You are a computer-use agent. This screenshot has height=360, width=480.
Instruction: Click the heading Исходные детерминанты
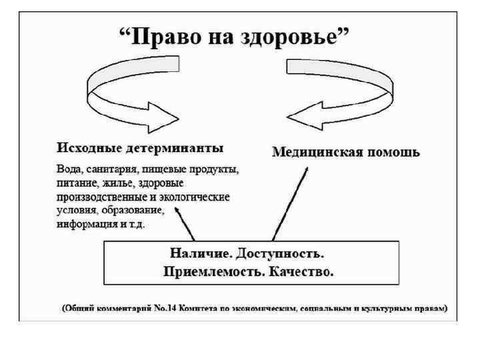click(x=140, y=148)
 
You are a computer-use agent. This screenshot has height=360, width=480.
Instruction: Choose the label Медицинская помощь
click(x=346, y=152)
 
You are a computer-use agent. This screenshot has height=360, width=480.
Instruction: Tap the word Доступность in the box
click(x=287, y=254)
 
